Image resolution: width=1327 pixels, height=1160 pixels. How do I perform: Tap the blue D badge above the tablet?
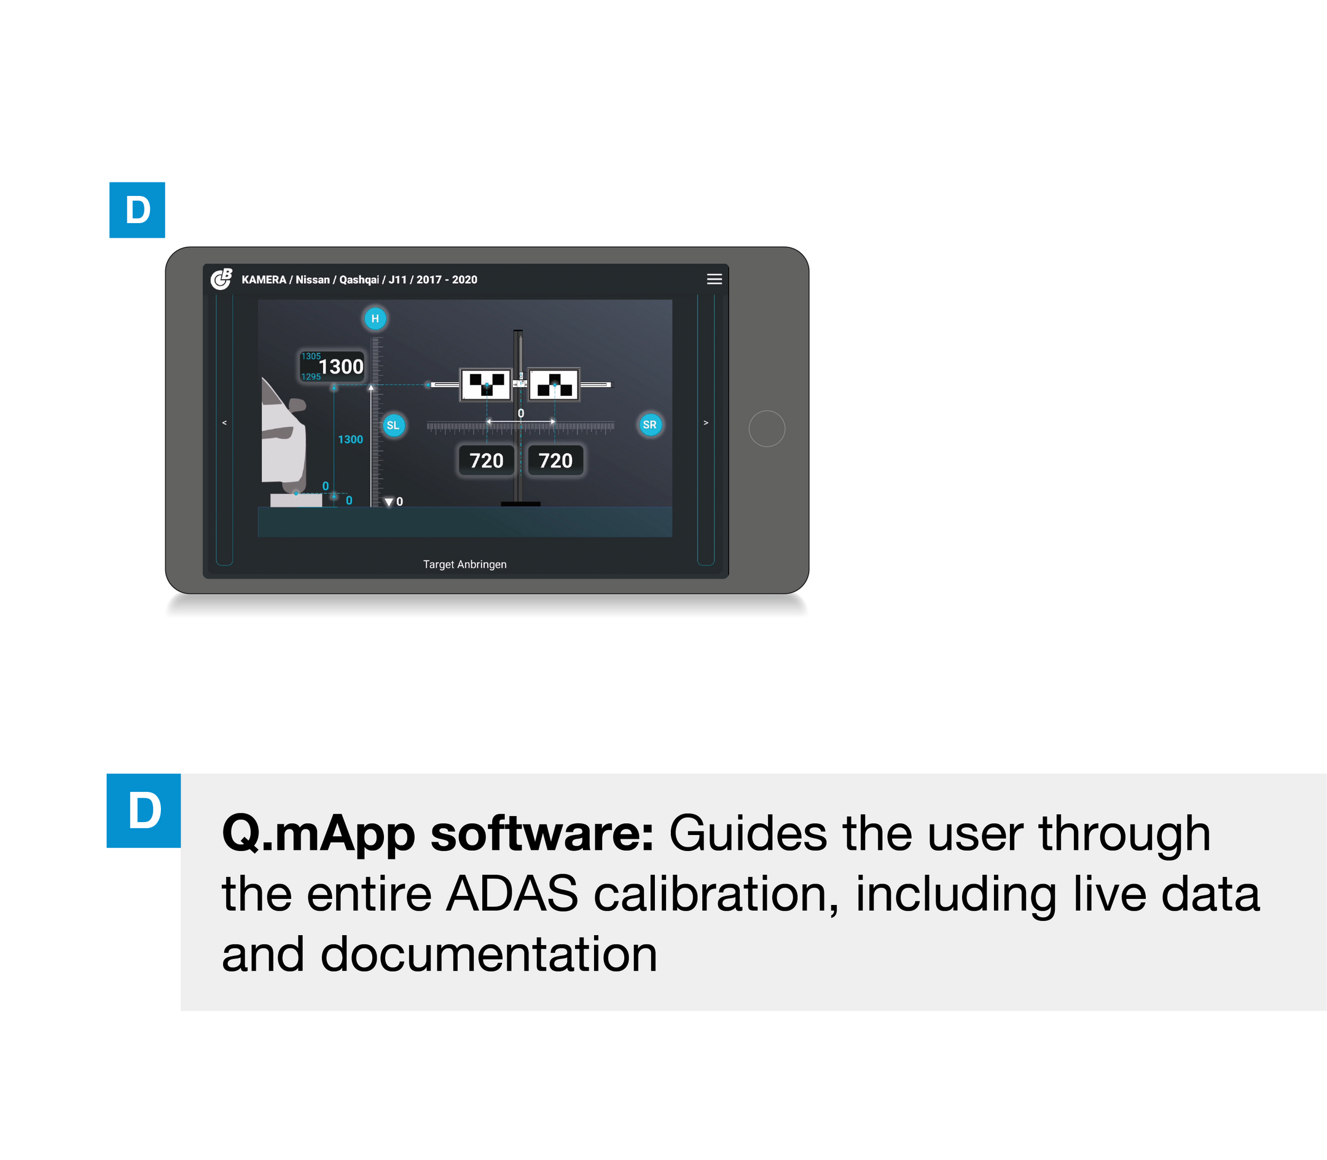click(x=137, y=210)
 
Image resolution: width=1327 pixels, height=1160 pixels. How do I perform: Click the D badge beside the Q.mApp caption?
click(x=144, y=810)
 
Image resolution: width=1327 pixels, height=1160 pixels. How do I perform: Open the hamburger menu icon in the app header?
click(x=714, y=279)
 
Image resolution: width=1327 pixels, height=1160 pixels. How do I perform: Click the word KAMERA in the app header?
click(x=264, y=280)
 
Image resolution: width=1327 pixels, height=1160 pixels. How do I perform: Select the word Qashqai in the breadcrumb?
click(x=359, y=280)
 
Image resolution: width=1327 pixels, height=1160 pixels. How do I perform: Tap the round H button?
click(x=375, y=318)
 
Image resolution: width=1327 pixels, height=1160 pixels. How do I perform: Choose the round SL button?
click(x=393, y=425)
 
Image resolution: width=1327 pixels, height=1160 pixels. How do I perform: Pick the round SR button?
click(x=649, y=425)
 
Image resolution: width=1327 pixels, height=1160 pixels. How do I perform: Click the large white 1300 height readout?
click(x=340, y=367)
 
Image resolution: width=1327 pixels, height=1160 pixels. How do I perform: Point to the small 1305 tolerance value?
click(x=311, y=356)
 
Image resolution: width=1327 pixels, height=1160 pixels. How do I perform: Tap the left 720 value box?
click(x=486, y=460)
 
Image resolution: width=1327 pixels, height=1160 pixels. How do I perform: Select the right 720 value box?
click(x=555, y=460)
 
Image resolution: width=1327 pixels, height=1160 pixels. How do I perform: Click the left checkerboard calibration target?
click(x=486, y=385)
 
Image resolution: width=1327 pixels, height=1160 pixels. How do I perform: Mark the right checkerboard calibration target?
click(x=554, y=385)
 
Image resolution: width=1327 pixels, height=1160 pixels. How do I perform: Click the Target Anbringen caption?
click(x=465, y=565)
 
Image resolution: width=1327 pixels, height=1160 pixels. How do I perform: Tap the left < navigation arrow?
click(x=225, y=423)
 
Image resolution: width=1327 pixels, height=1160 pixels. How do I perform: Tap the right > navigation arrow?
click(x=705, y=423)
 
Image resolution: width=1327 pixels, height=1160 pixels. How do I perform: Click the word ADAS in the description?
click(x=511, y=894)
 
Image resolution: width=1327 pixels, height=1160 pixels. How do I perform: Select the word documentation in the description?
click(x=489, y=955)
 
